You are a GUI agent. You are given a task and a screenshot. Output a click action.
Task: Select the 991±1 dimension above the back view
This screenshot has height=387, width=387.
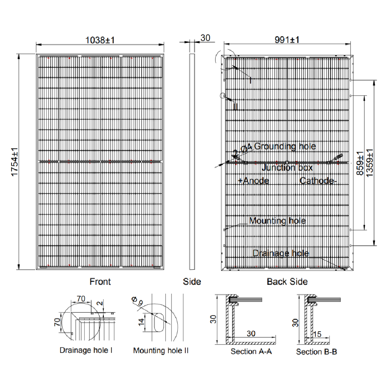[287, 39]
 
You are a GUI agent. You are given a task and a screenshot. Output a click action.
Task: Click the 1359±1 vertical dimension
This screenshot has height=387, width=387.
[370, 163]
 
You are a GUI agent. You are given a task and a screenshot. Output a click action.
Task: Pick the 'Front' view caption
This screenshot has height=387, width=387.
[100, 282]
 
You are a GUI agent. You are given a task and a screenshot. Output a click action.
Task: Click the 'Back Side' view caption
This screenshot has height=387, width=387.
[287, 282]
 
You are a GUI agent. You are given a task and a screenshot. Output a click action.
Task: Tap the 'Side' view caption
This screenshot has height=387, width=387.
[192, 282]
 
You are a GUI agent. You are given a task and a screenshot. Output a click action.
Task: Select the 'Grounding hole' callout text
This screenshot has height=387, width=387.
[285, 147]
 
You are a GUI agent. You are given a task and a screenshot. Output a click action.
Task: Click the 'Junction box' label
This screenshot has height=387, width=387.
[287, 168]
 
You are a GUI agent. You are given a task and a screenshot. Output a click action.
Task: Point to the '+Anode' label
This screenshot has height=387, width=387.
[253, 181]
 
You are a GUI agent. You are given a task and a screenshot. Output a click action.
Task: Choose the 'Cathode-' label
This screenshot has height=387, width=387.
[317, 181]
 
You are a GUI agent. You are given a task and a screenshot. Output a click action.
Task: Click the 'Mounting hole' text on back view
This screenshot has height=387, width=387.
[277, 221]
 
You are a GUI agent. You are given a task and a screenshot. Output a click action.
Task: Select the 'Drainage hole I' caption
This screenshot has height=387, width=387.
[86, 351]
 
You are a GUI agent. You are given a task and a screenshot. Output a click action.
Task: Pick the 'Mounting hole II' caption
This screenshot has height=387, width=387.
[161, 351]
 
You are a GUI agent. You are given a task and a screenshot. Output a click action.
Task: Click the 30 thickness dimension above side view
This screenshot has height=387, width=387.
[205, 38]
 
